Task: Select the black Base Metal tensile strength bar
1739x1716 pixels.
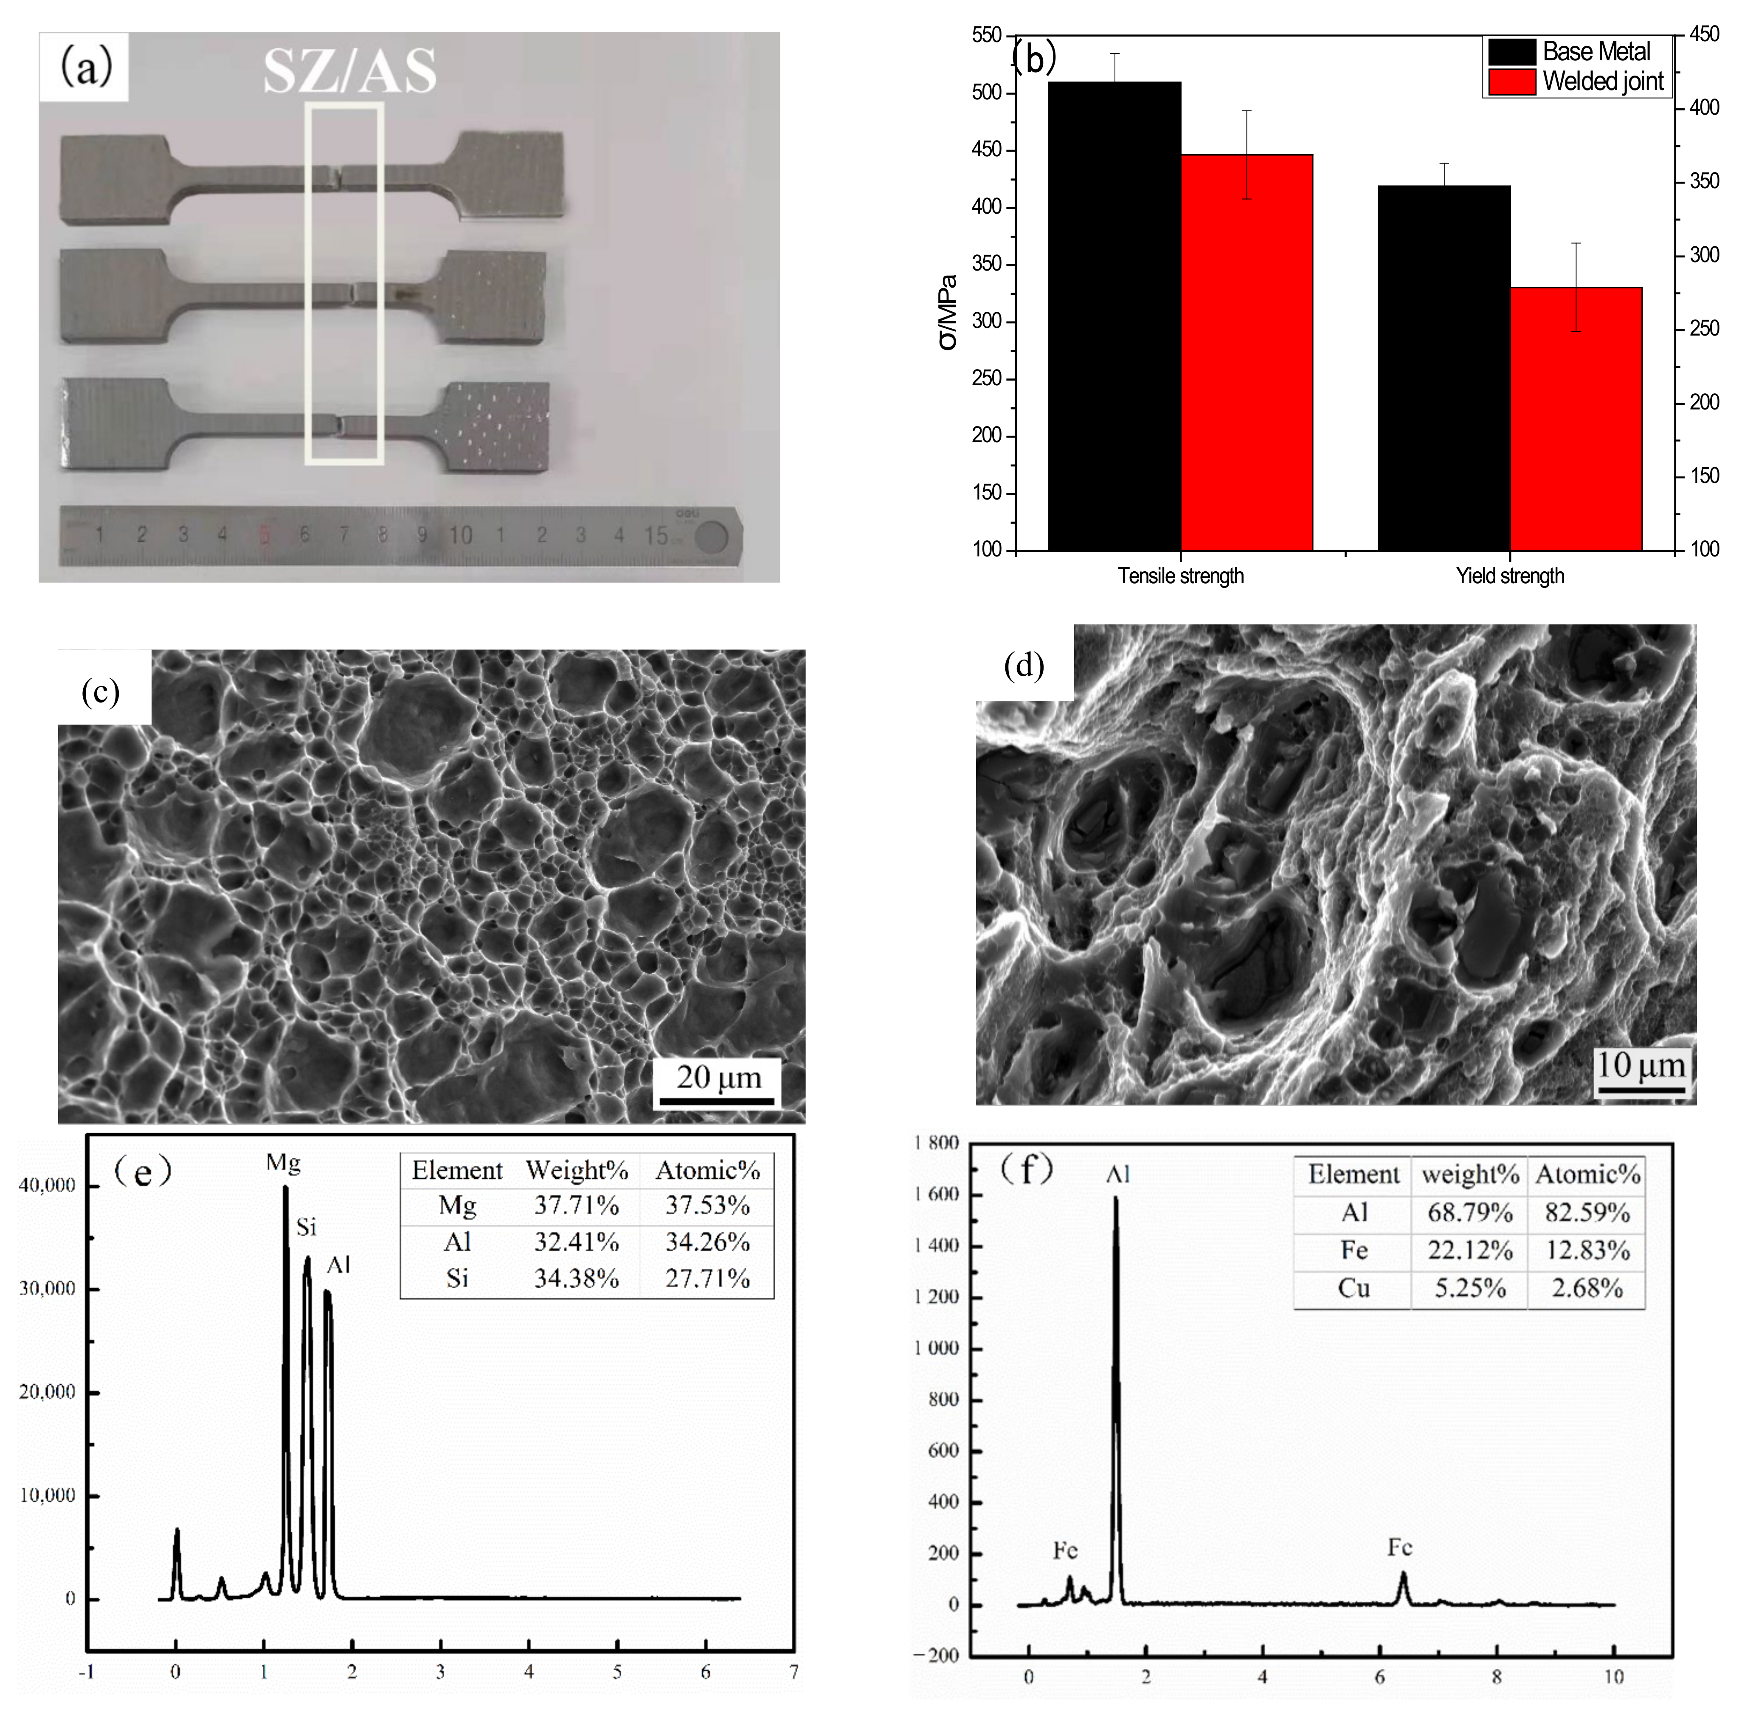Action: (1114, 315)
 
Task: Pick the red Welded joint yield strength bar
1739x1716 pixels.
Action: (1576, 419)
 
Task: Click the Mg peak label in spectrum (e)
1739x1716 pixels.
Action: (283, 1163)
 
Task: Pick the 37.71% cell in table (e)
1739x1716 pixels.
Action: (576, 1205)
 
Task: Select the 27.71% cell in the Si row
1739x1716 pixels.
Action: (707, 1279)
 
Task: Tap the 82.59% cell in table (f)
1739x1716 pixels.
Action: (1587, 1213)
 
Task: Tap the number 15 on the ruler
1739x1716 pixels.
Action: (655, 536)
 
